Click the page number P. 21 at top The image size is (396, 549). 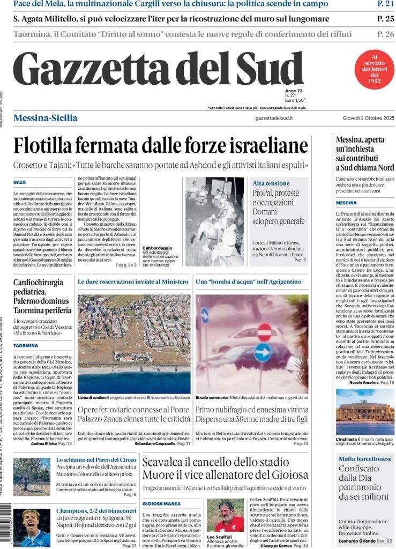tap(385, 4)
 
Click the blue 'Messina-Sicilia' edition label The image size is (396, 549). tap(45, 118)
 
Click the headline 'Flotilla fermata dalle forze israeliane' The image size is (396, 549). tap(160, 145)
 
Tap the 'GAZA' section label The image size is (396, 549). tap(20, 183)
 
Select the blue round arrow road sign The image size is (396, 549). tap(263, 352)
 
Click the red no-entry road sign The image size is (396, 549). tap(264, 332)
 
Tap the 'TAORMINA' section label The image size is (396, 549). tap(25, 346)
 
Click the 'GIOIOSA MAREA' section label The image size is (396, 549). tap(161, 503)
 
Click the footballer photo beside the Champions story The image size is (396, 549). tap(32, 528)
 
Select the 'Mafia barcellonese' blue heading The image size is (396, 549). tap(365, 459)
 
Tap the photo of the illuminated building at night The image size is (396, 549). tap(365, 412)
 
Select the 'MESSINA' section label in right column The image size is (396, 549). tap(346, 203)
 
